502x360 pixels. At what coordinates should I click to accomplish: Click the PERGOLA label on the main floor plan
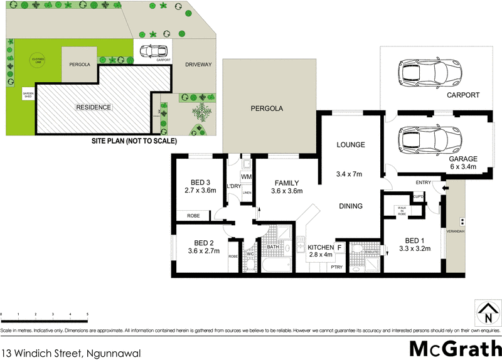pyautogui.click(x=267, y=109)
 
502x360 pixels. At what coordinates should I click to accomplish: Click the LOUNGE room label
pyautogui.click(x=350, y=145)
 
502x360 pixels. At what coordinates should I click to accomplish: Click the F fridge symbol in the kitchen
pyautogui.click(x=339, y=248)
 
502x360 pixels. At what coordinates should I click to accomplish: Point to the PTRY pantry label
pyautogui.click(x=336, y=268)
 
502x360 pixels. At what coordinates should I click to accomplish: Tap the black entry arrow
pyautogui.click(x=446, y=188)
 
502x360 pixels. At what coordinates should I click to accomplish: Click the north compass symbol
pyautogui.click(x=484, y=310)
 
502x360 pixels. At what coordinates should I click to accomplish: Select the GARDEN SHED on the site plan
pyautogui.click(x=28, y=95)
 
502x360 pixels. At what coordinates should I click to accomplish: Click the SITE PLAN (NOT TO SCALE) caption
pyautogui.click(x=134, y=141)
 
